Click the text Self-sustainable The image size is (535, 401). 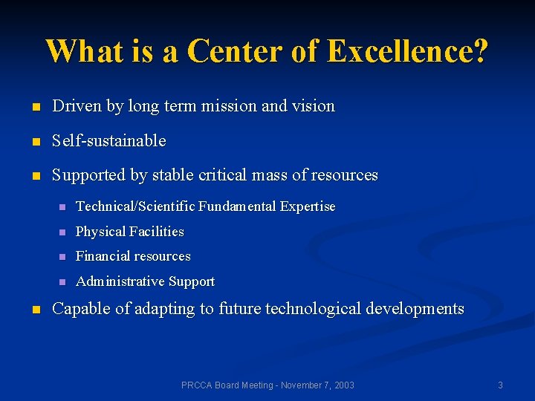(x=108, y=140)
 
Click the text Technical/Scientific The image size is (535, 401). (x=136, y=206)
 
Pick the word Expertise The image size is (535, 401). (x=308, y=206)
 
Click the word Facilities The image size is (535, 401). (x=156, y=232)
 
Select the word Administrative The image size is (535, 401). (x=120, y=281)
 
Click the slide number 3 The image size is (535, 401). (x=500, y=385)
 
